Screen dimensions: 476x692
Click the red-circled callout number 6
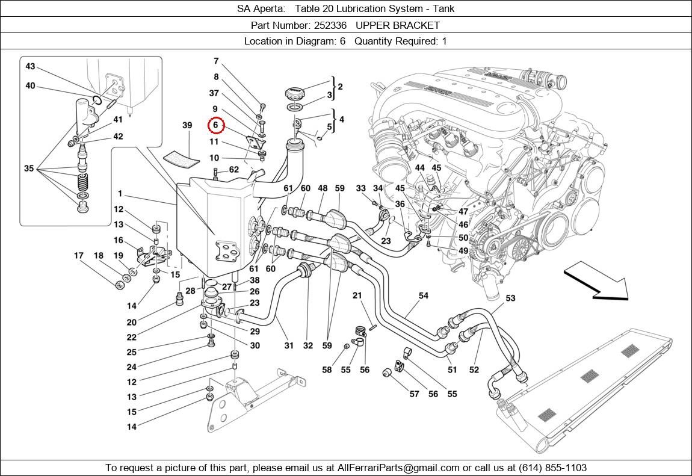[x=216, y=126]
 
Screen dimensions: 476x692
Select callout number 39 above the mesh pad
[x=187, y=126]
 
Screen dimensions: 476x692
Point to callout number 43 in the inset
[x=30, y=67]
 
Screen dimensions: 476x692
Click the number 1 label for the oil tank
[x=120, y=194]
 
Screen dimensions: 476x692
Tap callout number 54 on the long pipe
[x=424, y=295]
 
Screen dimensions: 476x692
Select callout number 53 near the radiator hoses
[x=510, y=298]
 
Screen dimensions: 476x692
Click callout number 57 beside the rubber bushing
[x=414, y=394]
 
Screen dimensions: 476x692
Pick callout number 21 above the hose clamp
[x=357, y=295]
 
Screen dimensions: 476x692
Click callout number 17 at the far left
[x=79, y=256]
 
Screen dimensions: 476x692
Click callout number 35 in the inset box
[x=28, y=168]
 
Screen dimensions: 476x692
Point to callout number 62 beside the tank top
[x=233, y=170]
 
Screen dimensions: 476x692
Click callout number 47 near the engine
[x=463, y=212]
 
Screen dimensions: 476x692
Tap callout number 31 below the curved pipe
[x=289, y=345]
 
